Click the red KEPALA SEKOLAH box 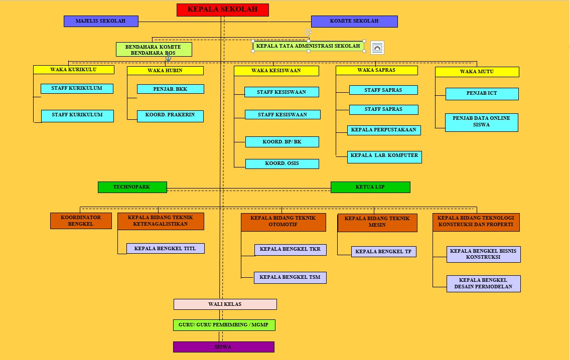pyautogui.click(x=222, y=10)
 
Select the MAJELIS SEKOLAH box pyautogui.click(x=101, y=21)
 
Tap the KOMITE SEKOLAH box pyautogui.click(x=354, y=21)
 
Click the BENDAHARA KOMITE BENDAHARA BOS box pyautogui.click(x=154, y=50)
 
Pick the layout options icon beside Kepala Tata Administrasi pyautogui.click(x=377, y=48)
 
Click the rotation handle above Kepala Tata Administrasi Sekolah pyautogui.click(x=308, y=32)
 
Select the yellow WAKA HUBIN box pyautogui.click(x=166, y=71)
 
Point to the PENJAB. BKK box pyautogui.click(x=171, y=89)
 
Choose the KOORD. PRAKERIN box pyautogui.click(x=170, y=116)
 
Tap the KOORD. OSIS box pyautogui.click(x=282, y=164)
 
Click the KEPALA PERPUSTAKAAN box pyautogui.click(x=384, y=130)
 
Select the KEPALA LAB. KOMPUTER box pyautogui.click(x=385, y=157)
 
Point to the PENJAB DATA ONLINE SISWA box pyautogui.click(x=482, y=122)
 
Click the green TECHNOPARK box pyautogui.click(x=132, y=187)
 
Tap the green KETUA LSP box pyautogui.click(x=370, y=187)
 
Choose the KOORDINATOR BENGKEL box pyautogui.click(x=81, y=221)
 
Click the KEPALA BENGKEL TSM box pyautogui.click(x=290, y=278)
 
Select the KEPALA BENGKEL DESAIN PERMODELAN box pyautogui.click(x=484, y=284)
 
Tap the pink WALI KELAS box pyautogui.click(x=225, y=304)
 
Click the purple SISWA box pyautogui.click(x=224, y=347)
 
